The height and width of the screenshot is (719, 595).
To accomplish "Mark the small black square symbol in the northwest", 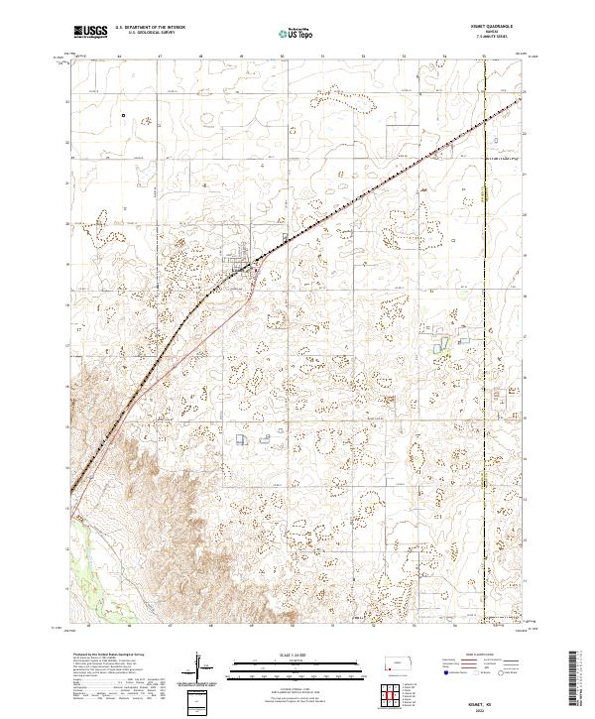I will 124,116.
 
